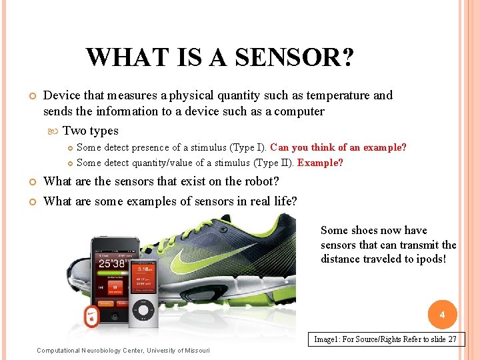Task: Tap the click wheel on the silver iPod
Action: [143, 309]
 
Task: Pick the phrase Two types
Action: [91, 131]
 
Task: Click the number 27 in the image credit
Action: [453, 339]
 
